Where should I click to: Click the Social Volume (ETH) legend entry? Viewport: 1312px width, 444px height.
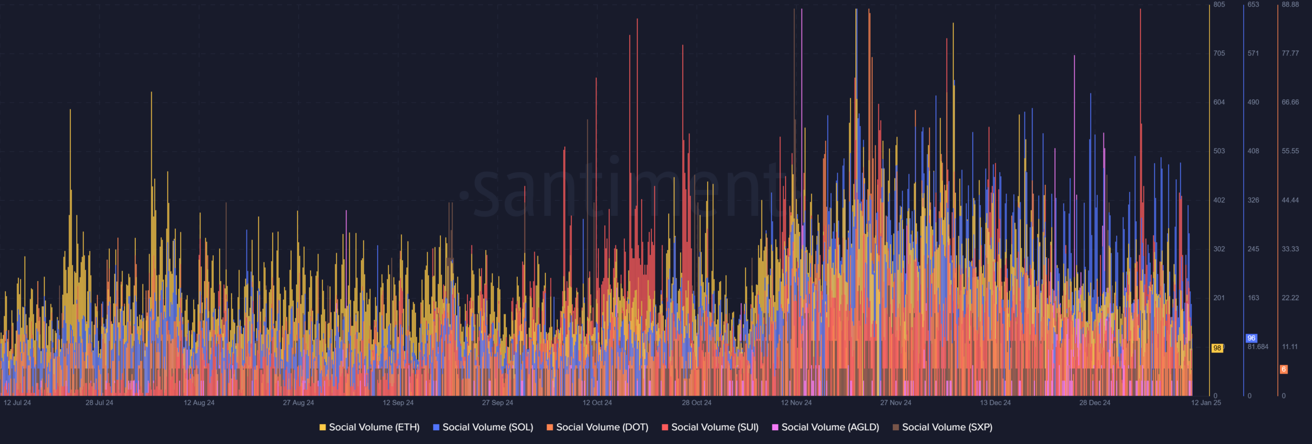pyautogui.click(x=369, y=427)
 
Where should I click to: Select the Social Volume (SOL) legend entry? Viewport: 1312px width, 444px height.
pyautogui.click(x=483, y=427)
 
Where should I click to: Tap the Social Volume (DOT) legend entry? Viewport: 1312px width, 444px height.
pyautogui.click(x=597, y=427)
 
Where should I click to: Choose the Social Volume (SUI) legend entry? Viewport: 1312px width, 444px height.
pyautogui.click(x=710, y=427)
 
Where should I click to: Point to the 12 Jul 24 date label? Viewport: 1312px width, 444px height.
pyautogui.click(x=17, y=403)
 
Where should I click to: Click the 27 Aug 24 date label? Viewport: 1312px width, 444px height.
pyautogui.click(x=298, y=403)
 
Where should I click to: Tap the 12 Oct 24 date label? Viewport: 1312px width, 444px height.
pyautogui.click(x=597, y=403)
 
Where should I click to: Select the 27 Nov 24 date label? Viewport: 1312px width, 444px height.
pyautogui.click(x=896, y=403)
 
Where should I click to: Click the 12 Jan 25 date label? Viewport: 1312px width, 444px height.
pyautogui.click(x=1206, y=403)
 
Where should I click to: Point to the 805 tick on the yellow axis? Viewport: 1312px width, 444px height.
pyautogui.click(x=1219, y=5)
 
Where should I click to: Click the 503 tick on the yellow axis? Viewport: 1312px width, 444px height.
pyautogui.click(x=1219, y=151)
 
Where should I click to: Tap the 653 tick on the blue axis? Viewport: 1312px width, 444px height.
pyautogui.click(x=1253, y=5)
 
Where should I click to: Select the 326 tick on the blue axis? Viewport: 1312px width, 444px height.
pyautogui.click(x=1253, y=200)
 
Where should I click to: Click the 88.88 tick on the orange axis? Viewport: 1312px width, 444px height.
pyautogui.click(x=1290, y=5)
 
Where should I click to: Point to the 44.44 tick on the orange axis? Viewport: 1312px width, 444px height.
pyautogui.click(x=1290, y=200)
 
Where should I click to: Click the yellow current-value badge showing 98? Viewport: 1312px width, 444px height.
pyautogui.click(x=1217, y=348)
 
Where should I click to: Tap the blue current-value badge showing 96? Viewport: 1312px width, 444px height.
pyautogui.click(x=1252, y=338)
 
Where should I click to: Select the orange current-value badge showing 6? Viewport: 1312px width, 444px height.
pyautogui.click(x=1284, y=369)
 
